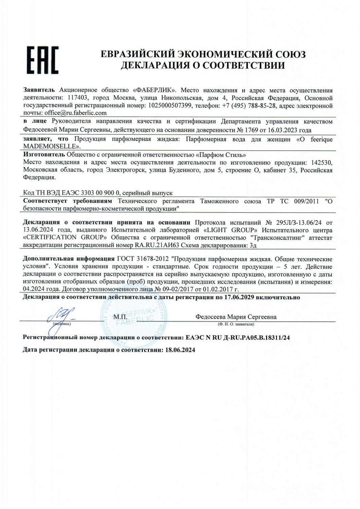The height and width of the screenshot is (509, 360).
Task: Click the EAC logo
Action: (x=42, y=60)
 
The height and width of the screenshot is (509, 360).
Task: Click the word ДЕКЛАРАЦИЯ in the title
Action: (x=155, y=65)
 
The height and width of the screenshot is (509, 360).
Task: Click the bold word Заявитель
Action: (x=39, y=90)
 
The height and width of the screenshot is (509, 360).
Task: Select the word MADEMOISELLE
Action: (x=51, y=147)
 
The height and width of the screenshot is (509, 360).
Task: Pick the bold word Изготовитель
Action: (x=41, y=155)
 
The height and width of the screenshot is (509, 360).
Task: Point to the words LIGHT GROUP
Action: (x=234, y=230)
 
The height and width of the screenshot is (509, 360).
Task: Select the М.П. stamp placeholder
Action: (x=120, y=317)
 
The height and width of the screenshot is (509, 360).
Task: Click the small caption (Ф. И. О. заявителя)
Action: (x=236, y=324)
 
